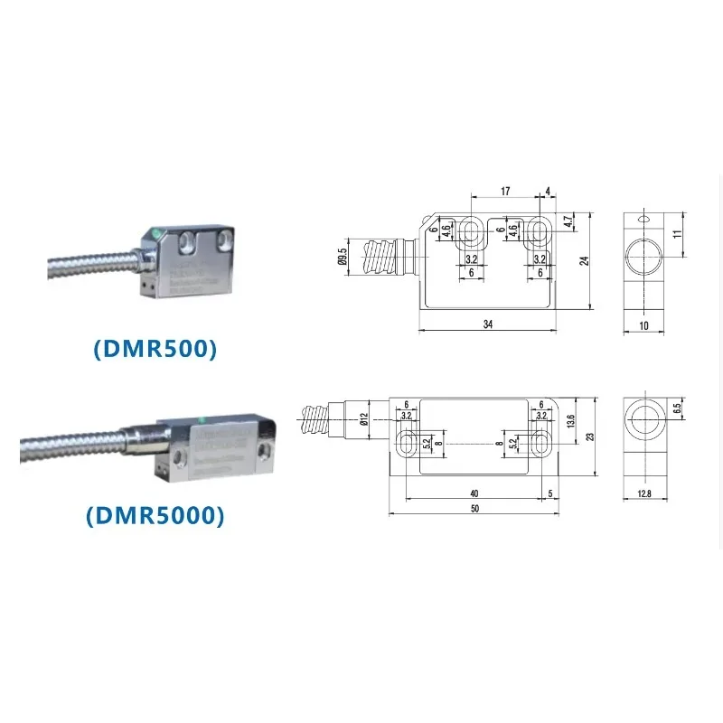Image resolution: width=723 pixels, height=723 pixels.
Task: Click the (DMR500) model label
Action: click(155, 349)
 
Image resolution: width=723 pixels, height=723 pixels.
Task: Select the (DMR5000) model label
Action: click(155, 515)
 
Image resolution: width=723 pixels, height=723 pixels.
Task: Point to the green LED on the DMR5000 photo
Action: click(202, 418)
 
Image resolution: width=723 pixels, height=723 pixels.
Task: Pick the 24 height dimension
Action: click(585, 259)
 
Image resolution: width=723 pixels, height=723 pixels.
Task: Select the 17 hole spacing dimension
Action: click(505, 192)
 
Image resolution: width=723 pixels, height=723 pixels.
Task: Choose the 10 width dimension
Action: click(643, 324)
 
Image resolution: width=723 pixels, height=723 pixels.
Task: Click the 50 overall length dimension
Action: click(474, 509)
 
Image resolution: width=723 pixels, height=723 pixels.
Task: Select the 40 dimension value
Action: click(474, 493)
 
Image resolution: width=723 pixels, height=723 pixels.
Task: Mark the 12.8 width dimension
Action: click(643, 493)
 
